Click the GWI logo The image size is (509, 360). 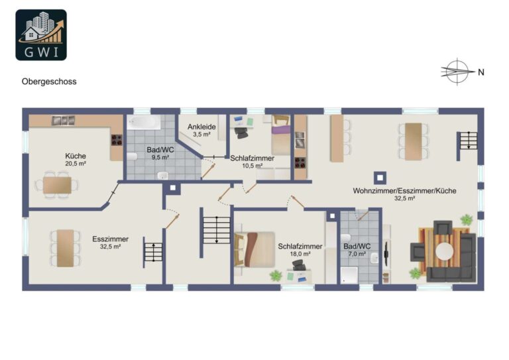41,34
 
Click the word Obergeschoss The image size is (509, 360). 49,82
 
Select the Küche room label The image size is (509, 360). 76,156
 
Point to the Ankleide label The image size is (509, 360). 201,127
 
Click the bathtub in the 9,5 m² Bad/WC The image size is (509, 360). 144,122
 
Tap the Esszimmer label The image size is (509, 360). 111,239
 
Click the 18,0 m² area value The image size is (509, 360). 300,254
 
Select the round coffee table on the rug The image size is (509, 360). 445,251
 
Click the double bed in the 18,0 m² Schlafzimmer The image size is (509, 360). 254,249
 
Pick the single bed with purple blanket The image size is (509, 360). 281,135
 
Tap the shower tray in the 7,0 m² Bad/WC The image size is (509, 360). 349,275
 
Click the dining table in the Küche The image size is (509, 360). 57,186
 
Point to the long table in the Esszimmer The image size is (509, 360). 65,249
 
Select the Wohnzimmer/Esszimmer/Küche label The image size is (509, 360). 404,190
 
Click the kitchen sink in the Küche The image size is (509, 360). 64,121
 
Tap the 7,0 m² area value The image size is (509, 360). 357,254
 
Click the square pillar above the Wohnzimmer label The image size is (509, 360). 380,178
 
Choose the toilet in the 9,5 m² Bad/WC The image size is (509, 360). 132,156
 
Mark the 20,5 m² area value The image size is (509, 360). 76,164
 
